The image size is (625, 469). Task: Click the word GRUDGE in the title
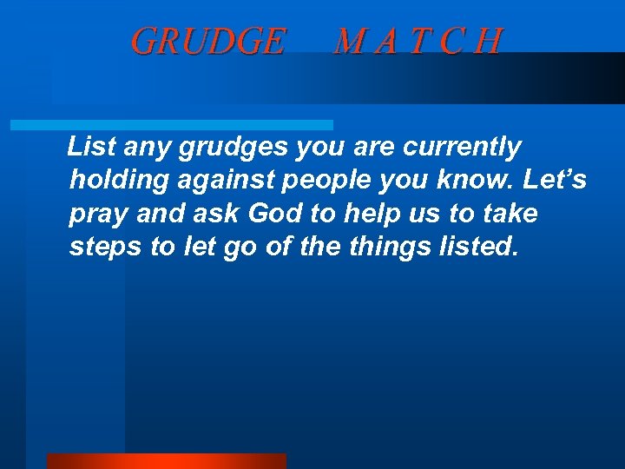[x=207, y=41]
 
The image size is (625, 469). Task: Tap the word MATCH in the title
[x=418, y=41]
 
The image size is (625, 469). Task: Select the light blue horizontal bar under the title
[x=171, y=125]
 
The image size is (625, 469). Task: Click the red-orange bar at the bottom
[x=166, y=460]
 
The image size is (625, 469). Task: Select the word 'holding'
[x=112, y=181]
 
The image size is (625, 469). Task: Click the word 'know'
[x=476, y=181]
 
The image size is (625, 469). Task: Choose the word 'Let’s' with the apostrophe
[x=556, y=181]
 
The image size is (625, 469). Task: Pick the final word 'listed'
[x=479, y=247]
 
